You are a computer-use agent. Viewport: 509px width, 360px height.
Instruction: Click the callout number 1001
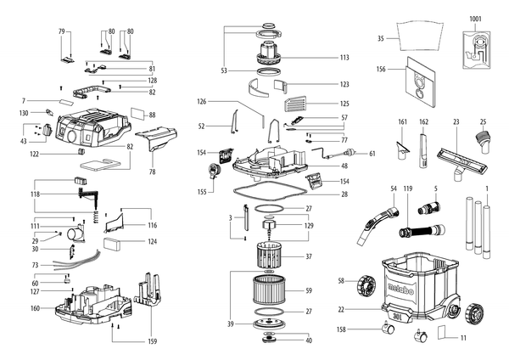tap(475, 20)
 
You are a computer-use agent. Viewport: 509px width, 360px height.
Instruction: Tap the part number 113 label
tap(344, 58)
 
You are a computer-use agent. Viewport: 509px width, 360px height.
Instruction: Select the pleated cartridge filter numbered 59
tap(269, 290)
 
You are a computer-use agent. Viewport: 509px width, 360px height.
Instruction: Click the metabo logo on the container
tap(400, 289)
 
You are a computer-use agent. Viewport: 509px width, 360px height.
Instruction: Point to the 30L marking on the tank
tap(397, 315)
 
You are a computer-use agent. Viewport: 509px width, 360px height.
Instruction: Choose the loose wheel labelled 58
tap(366, 285)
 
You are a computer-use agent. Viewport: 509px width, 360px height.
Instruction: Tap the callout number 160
tap(35, 308)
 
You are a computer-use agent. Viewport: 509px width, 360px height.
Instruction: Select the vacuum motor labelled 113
tap(269, 53)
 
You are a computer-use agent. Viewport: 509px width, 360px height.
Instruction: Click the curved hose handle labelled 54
tap(378, 224)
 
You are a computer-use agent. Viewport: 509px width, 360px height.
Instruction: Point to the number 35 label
tap(380, 39)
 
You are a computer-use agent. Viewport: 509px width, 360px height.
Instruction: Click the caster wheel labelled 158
tap(388, 328)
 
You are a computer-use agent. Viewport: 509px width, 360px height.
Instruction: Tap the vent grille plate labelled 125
tap(295, 104)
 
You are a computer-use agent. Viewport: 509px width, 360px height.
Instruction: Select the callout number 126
tap(202, 102)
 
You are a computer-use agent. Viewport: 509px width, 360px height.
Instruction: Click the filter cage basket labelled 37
tap(269, 255)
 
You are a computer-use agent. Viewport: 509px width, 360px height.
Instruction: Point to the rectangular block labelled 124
tap(112, 244)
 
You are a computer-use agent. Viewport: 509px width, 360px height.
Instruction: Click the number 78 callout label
tap(152, 172)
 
